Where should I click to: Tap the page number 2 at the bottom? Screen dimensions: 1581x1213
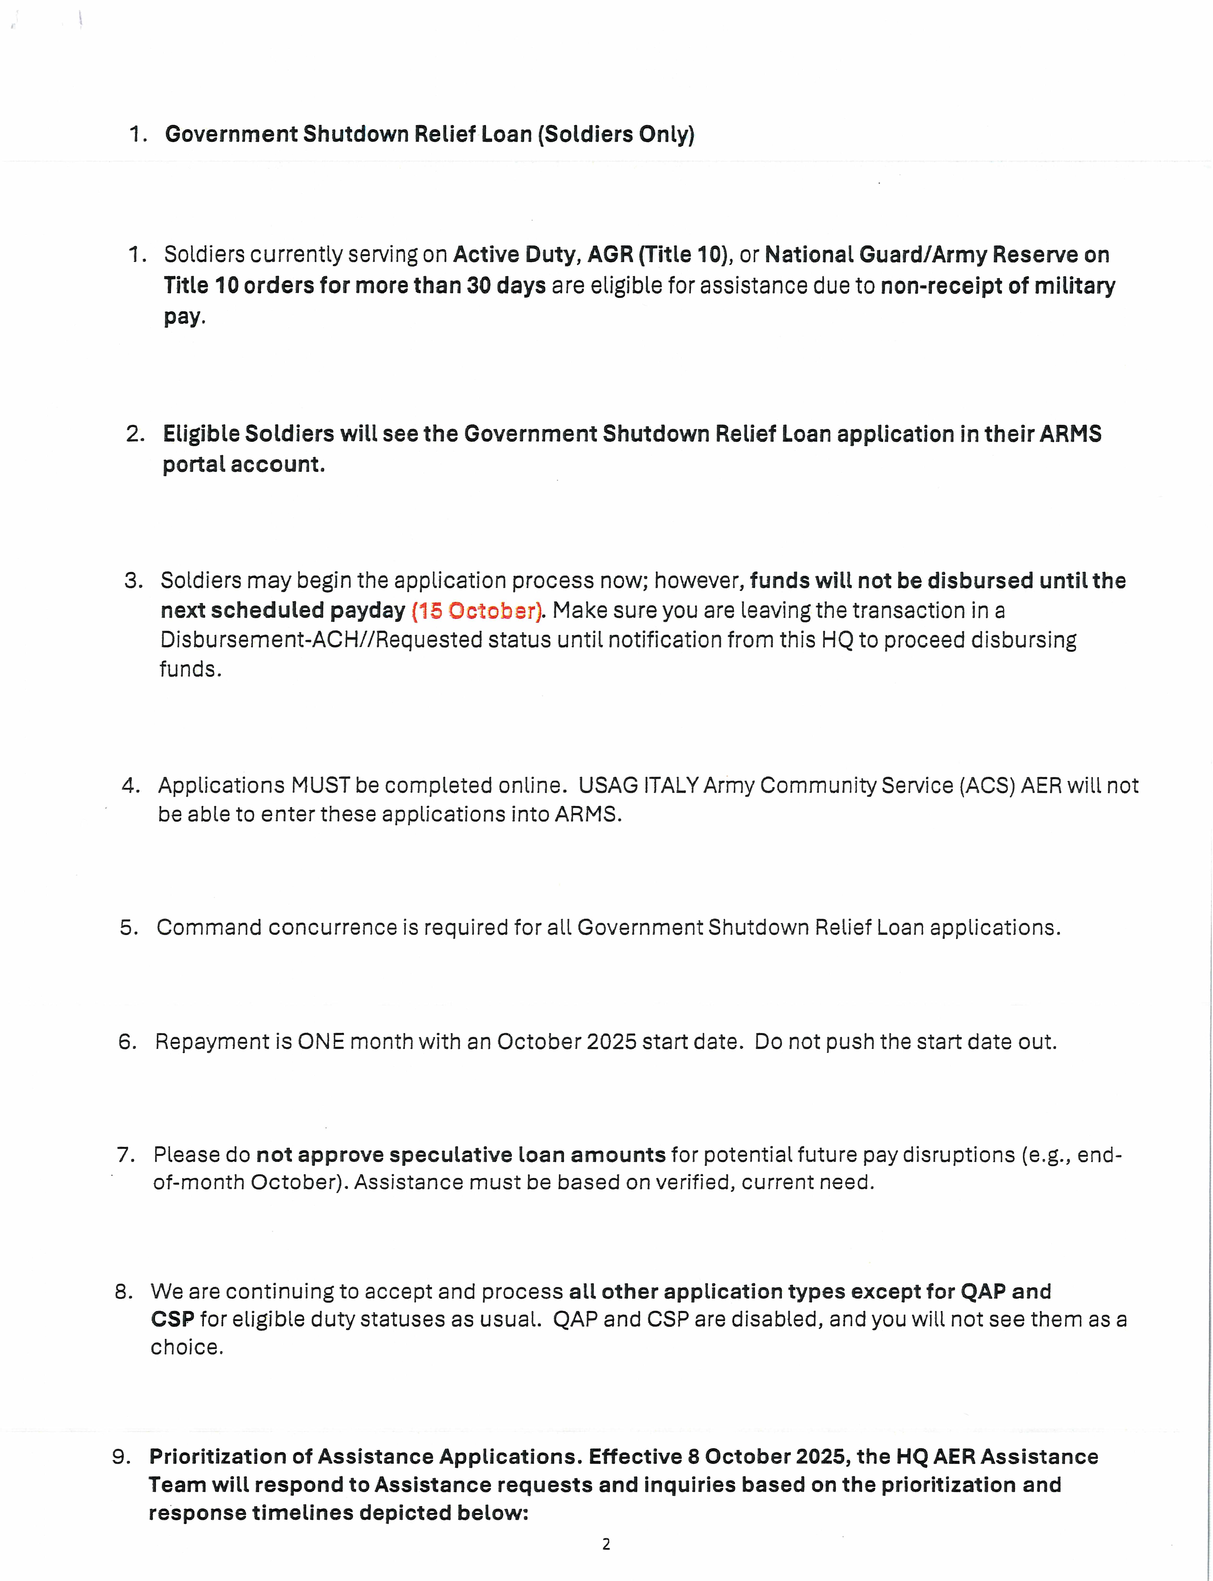[606, 1544]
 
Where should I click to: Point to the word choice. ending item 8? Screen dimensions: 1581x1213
[186, 1347]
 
